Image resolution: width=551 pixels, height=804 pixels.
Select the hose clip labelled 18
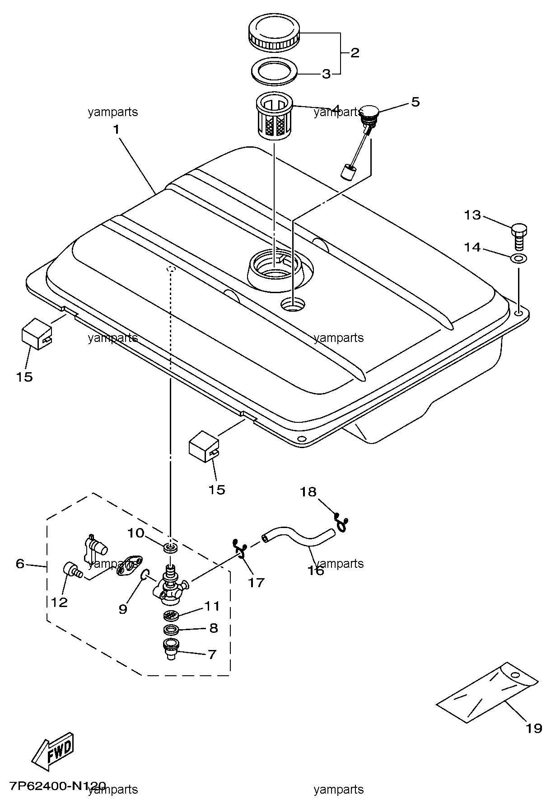click(343, 522)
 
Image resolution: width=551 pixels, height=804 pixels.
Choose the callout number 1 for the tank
click(116, 130)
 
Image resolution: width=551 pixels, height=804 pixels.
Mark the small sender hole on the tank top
click(293, 304)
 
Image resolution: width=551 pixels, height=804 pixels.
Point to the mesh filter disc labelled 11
click(171, 615)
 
